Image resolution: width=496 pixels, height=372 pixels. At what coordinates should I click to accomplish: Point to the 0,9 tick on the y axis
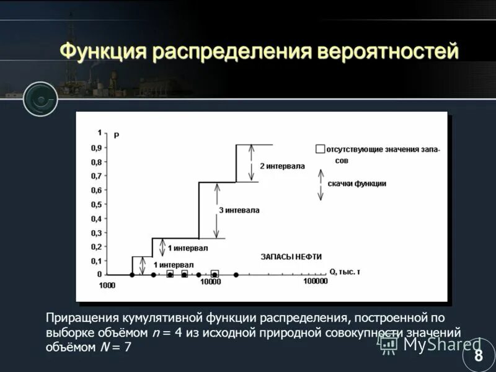pyautogui.click(x=97, y=148)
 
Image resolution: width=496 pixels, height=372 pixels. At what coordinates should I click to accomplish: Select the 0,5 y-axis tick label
pyautogui.click(x=97, y=205)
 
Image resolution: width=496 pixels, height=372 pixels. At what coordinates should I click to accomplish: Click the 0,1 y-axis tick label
pyautogui.click(x=97, y=261)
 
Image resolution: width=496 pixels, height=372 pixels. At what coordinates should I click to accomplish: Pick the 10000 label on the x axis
pyautogui.click(x=210, y=283)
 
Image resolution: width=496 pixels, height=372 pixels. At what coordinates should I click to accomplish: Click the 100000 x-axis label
pyautogui.click(x=315, y=281)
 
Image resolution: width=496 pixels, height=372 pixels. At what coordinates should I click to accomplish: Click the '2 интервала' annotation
pyautogui.click(x=282, y=166)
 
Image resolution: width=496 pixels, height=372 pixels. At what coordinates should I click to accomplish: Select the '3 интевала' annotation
pyautogui.click(x=239, y=210)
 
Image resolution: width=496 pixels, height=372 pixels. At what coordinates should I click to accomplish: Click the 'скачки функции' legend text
pyautogui.click(x=356, y=184)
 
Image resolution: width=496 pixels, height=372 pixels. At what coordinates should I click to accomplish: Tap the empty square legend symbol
pyautogui.click(x=320, y=149)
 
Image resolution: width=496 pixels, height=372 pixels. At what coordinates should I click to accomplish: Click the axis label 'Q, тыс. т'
pyautogui.click(x=345, y=272)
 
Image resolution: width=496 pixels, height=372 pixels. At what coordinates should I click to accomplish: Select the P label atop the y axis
pyautogui.click(x=116, y=135)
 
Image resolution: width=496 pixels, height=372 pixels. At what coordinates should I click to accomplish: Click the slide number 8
pyautogui.click(x=478, y=355)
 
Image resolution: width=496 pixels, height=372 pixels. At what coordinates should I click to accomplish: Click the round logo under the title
pyautogui.click(x=41, y=99)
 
